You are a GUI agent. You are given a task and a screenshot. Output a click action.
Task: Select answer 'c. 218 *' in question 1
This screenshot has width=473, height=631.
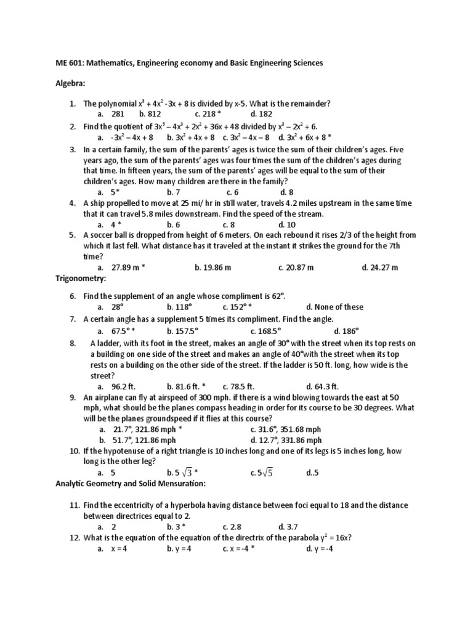click(208, 114)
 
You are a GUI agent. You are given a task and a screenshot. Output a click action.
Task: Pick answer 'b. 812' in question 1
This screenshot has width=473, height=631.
click(150, 114)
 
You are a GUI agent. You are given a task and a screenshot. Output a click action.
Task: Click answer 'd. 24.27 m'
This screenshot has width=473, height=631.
click(380, 267)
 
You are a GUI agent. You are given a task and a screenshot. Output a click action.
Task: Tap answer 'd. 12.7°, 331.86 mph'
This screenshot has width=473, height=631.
click(286, 440)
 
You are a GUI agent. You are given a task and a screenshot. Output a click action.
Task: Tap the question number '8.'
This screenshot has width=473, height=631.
click(73, 343)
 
